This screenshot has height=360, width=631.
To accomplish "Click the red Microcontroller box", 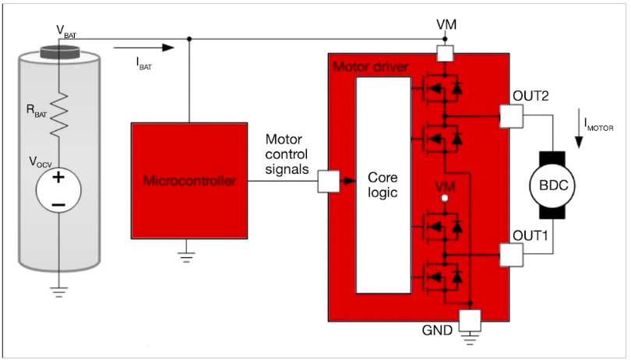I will (189, 180).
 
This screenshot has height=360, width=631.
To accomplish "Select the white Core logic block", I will (382, 185).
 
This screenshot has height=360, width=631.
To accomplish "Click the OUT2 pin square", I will (511, 116).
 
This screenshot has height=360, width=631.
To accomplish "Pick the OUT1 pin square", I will (511, 254).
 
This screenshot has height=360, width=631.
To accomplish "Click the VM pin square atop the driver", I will (446, 53).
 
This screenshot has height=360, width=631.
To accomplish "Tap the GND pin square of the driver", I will (470, 319).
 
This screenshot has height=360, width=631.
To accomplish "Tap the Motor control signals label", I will (286, 154).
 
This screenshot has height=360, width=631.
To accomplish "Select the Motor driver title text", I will (371, 67).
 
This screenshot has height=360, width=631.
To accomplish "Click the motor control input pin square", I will (329, 182).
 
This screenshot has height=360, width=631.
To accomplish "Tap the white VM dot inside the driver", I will (445, 199).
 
